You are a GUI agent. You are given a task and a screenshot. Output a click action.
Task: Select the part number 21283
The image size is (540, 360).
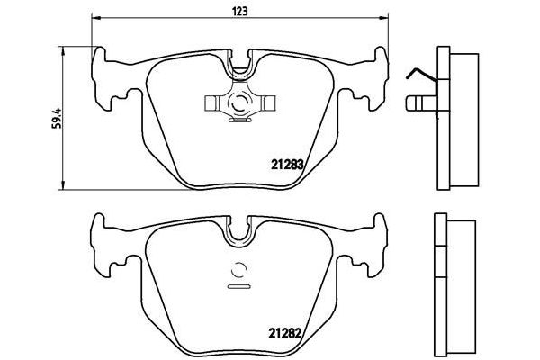click(286, 165)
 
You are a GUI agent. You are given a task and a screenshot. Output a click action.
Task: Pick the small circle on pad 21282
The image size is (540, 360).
click(239, 268)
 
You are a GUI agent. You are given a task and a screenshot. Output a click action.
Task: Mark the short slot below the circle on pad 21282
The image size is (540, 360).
click(239, 287)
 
